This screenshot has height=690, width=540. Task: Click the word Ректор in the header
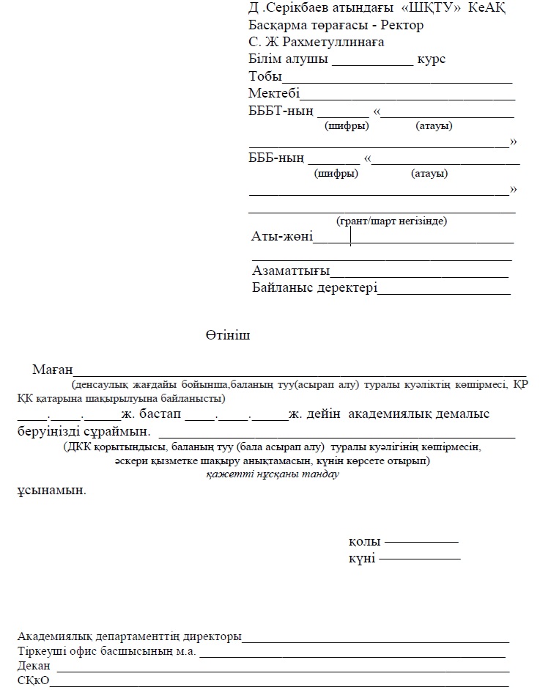pyautogui.click(x=404, y=25)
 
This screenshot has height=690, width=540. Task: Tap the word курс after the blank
pyautogui.click(x=431, y=59)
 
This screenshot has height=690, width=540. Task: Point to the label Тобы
pyautogui.click(x=265, y=76)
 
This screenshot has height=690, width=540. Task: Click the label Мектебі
pyautogui.click(x=274, y=93)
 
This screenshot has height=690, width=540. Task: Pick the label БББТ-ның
pyautogui.click(x=281, y=111)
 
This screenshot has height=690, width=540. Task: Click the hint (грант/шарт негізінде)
pyautogui.click(x=391, y=221)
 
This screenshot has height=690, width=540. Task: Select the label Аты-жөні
pyautogui.click(x=281, y=236)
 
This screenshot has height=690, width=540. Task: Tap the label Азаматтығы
pyautogui.click(x=290, y=270)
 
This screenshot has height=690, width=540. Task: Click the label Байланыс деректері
pyautogui.click(x=314, y=287)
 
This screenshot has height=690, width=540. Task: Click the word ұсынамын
pyautogui.click(x=51, y=490)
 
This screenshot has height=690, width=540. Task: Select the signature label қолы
pyautogui.click(x=364, y=542)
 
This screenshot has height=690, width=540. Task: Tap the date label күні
pyautogui.click(x=362, y=559)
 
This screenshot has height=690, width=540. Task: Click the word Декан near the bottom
pyautogui.click(x=34, y=666)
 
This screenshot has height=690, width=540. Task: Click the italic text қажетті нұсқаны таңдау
pyautogui.click(x=272, y=474)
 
